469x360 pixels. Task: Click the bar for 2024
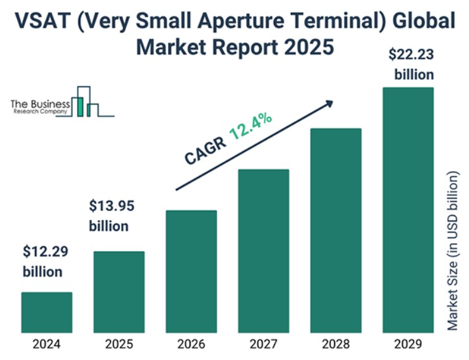click(47, 312)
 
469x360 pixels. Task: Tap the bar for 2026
click(191, 271)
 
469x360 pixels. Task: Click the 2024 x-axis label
click(47, 345)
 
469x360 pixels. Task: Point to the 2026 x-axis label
click(191, 345)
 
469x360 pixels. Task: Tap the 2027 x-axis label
click(263, 345)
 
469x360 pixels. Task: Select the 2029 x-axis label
click(408, 345)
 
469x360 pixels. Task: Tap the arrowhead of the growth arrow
click(329, 102)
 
